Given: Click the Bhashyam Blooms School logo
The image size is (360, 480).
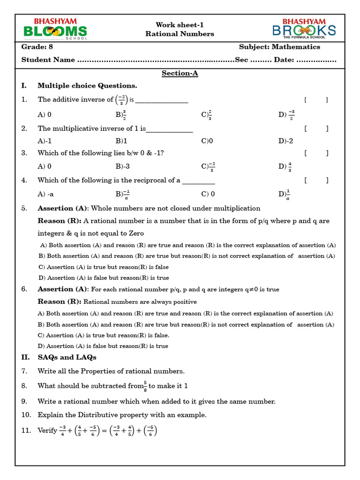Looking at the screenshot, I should (x=55, y=29).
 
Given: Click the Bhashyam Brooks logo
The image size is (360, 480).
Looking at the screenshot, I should (x=304, y=29).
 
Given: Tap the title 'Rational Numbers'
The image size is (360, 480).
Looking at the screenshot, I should (x=180, y=34).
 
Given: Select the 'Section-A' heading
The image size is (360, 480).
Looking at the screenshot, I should (x=180, y=73).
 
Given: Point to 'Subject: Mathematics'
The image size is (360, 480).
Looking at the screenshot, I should (x=279, y=47).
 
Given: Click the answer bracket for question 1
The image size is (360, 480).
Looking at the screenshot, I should (x=315, y=99).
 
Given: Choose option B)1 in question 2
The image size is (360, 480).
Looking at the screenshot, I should (x=121, y=141).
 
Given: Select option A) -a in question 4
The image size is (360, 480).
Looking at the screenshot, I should (x=49, y=194).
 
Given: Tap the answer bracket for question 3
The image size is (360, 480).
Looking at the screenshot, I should (x=315, y=153).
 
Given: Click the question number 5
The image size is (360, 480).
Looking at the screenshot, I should (x=24, y=208).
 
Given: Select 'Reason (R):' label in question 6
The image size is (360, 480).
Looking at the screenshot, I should (x=60, y=301).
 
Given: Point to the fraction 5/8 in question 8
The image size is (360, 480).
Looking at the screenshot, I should (x=145, y=386).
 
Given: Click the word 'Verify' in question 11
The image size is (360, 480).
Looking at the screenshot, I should (x=47, y=430).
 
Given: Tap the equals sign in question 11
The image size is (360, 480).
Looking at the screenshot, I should (x=104, y=430).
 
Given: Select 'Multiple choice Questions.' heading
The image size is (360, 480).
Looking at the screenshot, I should (x=87, y=85).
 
